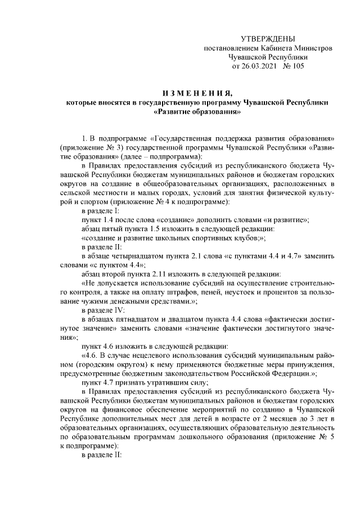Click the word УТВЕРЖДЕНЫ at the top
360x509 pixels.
[267, 39]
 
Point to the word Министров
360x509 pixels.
[314, 48]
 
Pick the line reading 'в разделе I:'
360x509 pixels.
[100, 210]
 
